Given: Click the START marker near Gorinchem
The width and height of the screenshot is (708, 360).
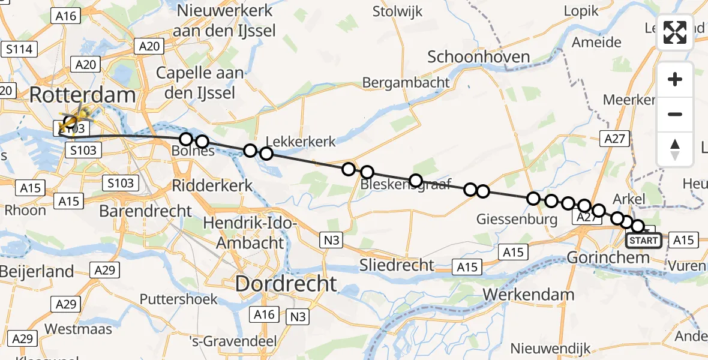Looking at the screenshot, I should tap(643, 241).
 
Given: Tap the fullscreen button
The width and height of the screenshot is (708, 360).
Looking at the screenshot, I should tap(675, 32).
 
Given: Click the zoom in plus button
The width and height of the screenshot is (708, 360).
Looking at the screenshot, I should tap(675, 79).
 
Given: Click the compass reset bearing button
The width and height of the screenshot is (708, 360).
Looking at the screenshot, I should tap(675, 149).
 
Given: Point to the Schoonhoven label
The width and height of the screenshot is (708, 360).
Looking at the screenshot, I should tap(479, 57).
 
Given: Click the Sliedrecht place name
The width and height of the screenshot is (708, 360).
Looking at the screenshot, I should tap(397, 265).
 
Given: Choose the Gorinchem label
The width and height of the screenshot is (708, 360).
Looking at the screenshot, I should tap(608, 259).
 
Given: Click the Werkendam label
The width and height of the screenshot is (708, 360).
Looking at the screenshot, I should tap(528, 295).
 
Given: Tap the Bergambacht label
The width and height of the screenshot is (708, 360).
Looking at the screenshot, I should tap(406, 82).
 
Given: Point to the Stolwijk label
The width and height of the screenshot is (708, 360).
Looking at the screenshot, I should tap(397, 11).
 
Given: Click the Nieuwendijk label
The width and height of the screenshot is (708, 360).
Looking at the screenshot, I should tap(550, 348).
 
